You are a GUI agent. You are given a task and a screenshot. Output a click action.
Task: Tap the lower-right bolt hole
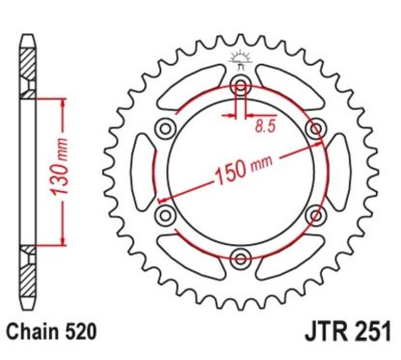[316, 213]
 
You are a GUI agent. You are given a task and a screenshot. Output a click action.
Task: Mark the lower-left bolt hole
[165, 213]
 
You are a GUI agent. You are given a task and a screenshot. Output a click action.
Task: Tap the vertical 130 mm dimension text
[36, 171]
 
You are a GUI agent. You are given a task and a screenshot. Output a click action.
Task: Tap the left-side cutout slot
[142, 171]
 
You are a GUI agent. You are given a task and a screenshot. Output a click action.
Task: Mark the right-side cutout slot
[341, 171]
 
